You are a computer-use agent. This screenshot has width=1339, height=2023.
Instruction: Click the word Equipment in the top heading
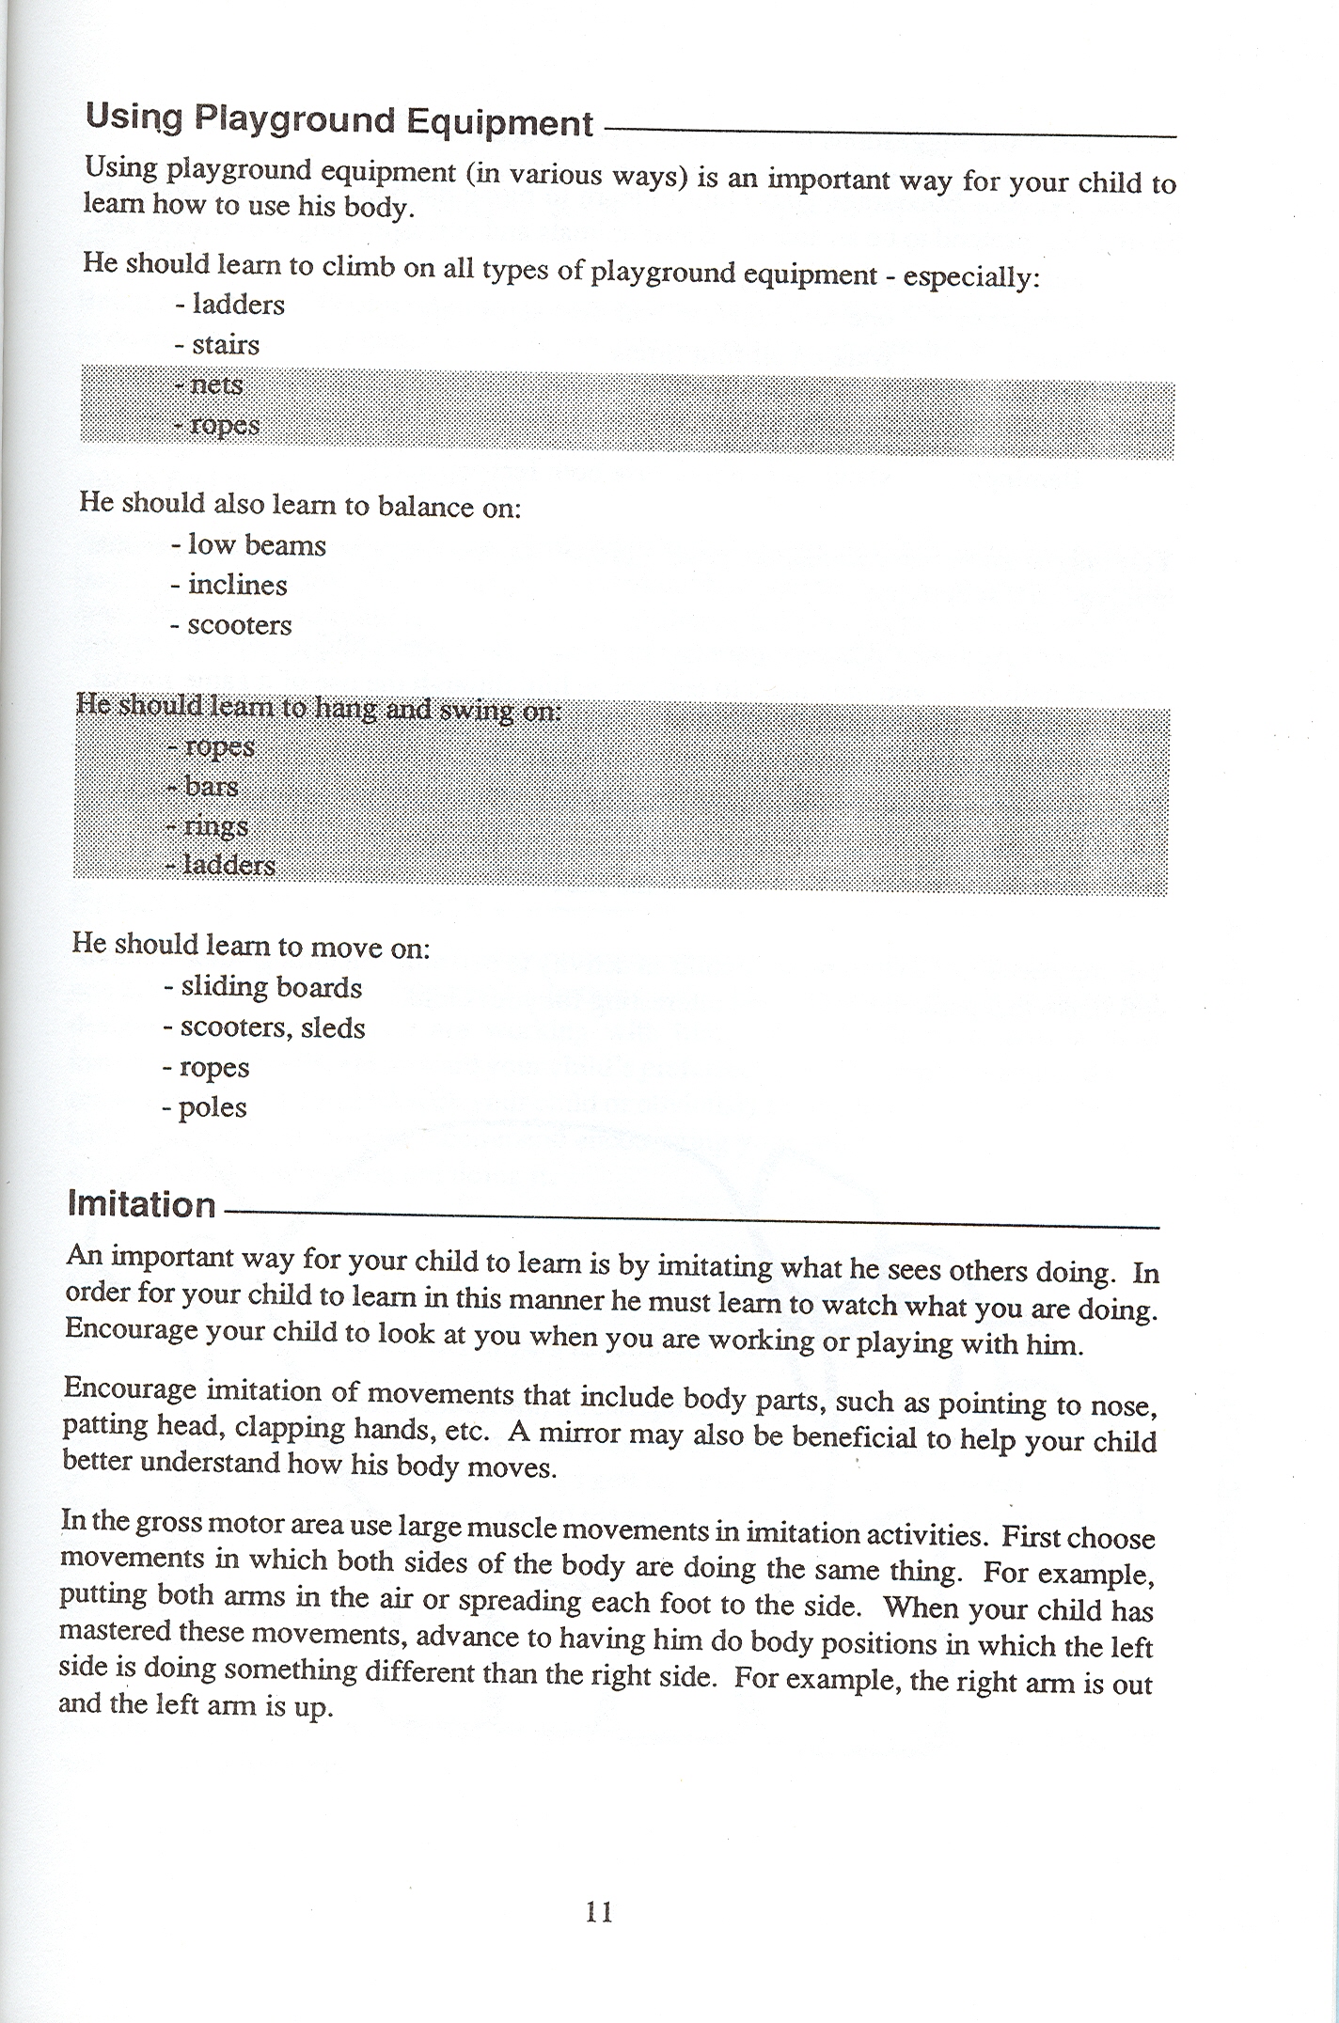coord(499,124)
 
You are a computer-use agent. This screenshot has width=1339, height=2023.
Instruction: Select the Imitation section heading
coord(142,1204)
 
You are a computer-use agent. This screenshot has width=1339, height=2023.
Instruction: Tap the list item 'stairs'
coord(226,345)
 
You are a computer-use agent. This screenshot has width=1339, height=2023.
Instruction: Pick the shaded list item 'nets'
coord(216,384)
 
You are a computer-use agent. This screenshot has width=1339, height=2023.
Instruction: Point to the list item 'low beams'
coord(257,545)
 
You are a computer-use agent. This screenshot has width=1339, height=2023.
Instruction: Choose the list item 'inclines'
coord(237,585)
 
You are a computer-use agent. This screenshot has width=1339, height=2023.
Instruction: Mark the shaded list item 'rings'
coord(215,826)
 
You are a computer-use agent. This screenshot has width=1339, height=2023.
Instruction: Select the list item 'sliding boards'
coord(271,987)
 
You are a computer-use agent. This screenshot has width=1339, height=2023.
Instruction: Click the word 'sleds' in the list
coord(333,1027)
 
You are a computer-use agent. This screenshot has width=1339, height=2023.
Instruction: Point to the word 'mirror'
coord(576,1435)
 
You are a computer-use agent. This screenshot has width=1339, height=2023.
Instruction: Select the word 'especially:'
coord(971,278)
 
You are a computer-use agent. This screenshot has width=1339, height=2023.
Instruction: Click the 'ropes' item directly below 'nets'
coord(225,425)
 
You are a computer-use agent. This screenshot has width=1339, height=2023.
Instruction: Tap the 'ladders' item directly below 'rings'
coord(228,865)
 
